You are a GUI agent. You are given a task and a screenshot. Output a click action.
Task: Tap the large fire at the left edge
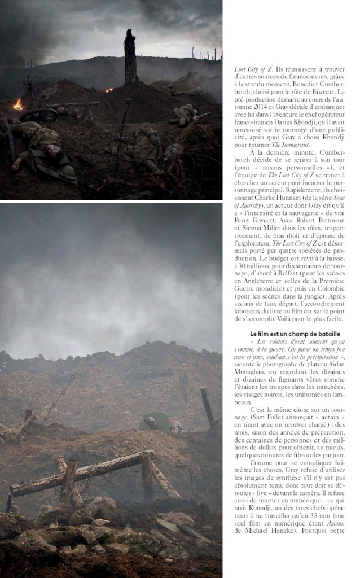(x=18, y=104)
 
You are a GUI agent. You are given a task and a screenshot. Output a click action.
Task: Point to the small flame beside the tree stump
(x=109, y=90)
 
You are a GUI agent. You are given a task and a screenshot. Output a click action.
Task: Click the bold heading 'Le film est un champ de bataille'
(x=295, y=334)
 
